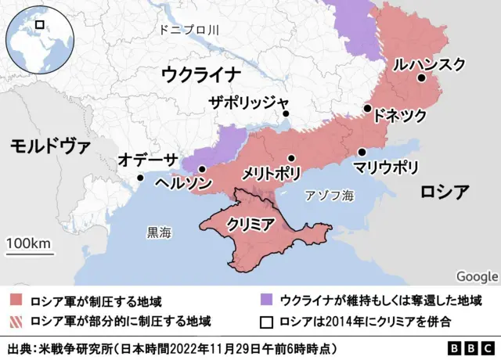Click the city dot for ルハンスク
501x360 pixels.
point(421,78)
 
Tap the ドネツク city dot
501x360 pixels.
point(366,108)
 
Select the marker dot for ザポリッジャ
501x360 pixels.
point(287,114)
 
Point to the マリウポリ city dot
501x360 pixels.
point(362,152)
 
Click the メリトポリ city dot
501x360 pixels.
point(290,157)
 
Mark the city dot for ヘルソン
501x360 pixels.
point(202,169)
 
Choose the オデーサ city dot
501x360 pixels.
point(140,178)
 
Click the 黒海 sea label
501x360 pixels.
point(159,232)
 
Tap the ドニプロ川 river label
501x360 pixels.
point(189,30)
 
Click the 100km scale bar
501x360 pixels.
point(29,252)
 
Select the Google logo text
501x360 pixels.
point(477,276)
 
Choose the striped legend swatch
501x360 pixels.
point(16,321)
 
